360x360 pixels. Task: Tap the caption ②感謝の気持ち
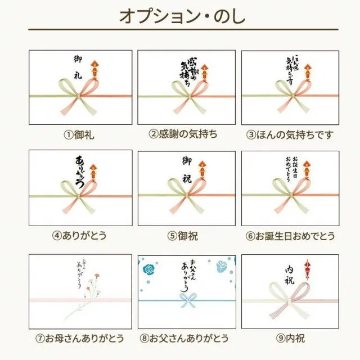pos(183,134)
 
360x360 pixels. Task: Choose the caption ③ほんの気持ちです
pos(290,134)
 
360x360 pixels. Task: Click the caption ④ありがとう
pos(80,235)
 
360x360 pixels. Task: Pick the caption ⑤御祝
pos(183,236)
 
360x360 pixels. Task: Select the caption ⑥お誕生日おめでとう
pos(290,236)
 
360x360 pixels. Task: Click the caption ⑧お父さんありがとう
pos(183,338)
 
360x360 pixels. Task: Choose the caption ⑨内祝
pos(290,338)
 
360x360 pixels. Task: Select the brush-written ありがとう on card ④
pos(80,169)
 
